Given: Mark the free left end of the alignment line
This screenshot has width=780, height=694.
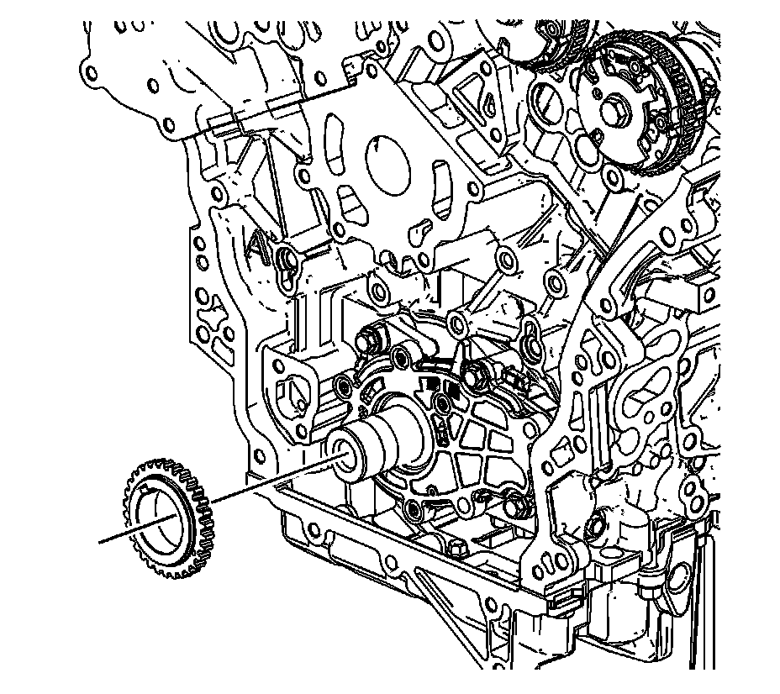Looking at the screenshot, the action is (100, 541).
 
